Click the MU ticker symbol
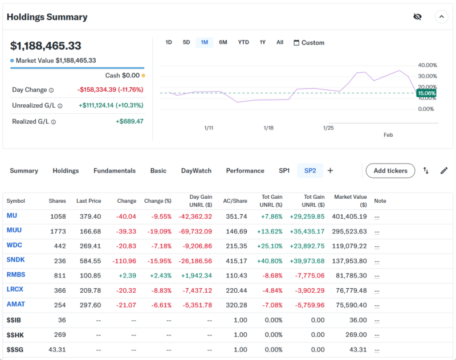click(11, 216)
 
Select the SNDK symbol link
click(15, 260)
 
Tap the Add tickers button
click(390, 170)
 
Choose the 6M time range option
click(223, 42)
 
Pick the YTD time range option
click(243, 42)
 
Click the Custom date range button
click(308, 43)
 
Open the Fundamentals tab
click(115, 170)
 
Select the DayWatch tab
click(196, 170)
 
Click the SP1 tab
click(284, 170)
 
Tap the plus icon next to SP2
click(330, 170)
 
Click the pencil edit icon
click(444, 170)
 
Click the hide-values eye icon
click(417, 17)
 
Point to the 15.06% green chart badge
click(426, 93)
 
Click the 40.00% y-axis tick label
click(427, 65)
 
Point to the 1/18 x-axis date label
click(268, 128)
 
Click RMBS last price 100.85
click(91, 275)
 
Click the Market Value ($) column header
click(351, 201)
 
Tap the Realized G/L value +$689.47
click(129, 121)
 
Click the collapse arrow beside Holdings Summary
click(442, 17)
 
